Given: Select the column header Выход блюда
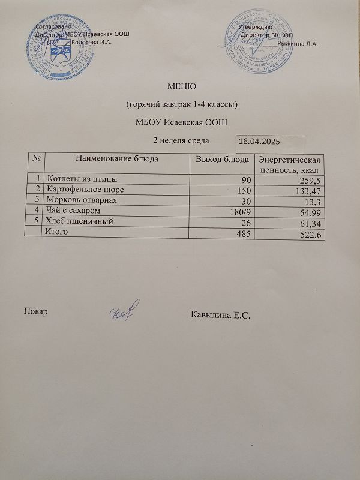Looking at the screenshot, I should tap(222, 159).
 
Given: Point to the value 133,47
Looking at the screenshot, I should tap(310, 191).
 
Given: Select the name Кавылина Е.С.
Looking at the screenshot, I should tap(220, 314).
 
